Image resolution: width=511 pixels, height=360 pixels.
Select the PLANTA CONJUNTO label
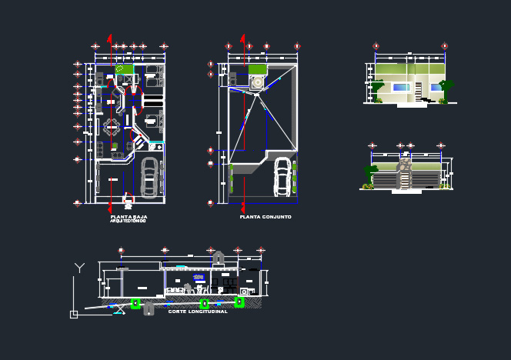coord(265,218)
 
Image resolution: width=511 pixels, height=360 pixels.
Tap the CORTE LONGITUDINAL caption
coord(198,312)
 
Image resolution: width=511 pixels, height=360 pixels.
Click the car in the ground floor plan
coord(149,177)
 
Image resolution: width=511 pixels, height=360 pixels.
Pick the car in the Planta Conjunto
coord(283,177)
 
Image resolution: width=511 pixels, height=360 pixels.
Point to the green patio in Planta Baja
coord(124,69)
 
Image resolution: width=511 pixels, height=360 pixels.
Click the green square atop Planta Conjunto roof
coord(255,68)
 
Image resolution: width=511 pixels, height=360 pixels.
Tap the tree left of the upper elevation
coord(379,99)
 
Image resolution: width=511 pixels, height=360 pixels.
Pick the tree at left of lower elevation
coord(369,185)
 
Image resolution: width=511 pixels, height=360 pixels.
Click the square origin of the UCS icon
coord(74,314)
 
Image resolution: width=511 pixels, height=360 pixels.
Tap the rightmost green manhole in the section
coord(239,303)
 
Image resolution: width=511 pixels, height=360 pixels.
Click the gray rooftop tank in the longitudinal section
coord(219,256)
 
